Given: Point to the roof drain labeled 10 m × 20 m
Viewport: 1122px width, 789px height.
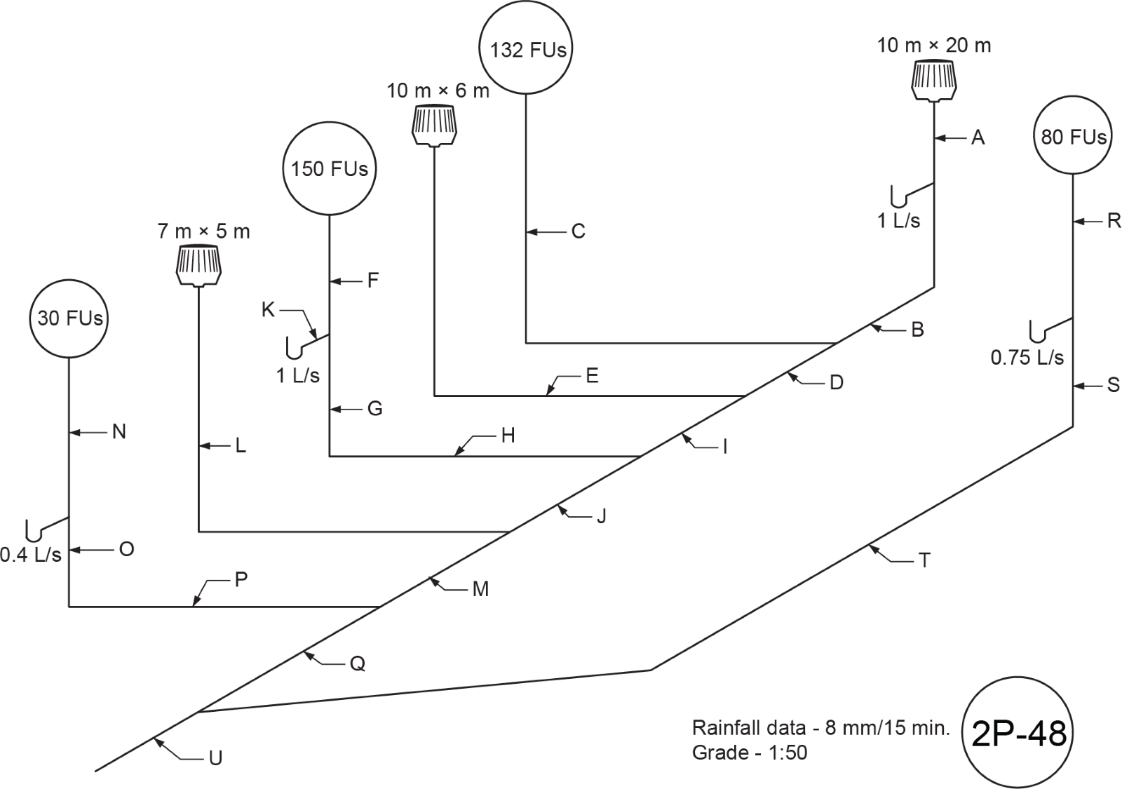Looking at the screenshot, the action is point(933,81).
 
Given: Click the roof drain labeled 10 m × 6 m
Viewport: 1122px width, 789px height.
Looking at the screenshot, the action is point(434,126).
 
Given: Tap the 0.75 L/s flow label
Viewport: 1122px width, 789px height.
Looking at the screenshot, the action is point(1027,357).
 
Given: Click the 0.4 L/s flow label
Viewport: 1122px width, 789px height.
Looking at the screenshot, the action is point(31,555).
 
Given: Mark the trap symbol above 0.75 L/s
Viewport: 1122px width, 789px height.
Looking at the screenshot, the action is point(1051,330).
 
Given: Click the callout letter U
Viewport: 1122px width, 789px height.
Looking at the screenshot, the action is point(215,758).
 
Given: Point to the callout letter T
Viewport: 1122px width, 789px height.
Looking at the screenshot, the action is point(924,560).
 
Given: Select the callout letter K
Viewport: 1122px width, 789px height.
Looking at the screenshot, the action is point(268,310).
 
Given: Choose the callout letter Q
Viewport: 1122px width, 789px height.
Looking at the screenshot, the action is point(357,663).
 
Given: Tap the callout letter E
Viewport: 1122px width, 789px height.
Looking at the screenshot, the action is point(592,375).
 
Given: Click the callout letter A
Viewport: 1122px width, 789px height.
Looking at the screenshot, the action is point(978,137).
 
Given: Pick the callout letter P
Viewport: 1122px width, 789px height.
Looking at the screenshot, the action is point(241,579).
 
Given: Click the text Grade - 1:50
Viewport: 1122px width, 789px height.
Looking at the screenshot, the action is point(750,753).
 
